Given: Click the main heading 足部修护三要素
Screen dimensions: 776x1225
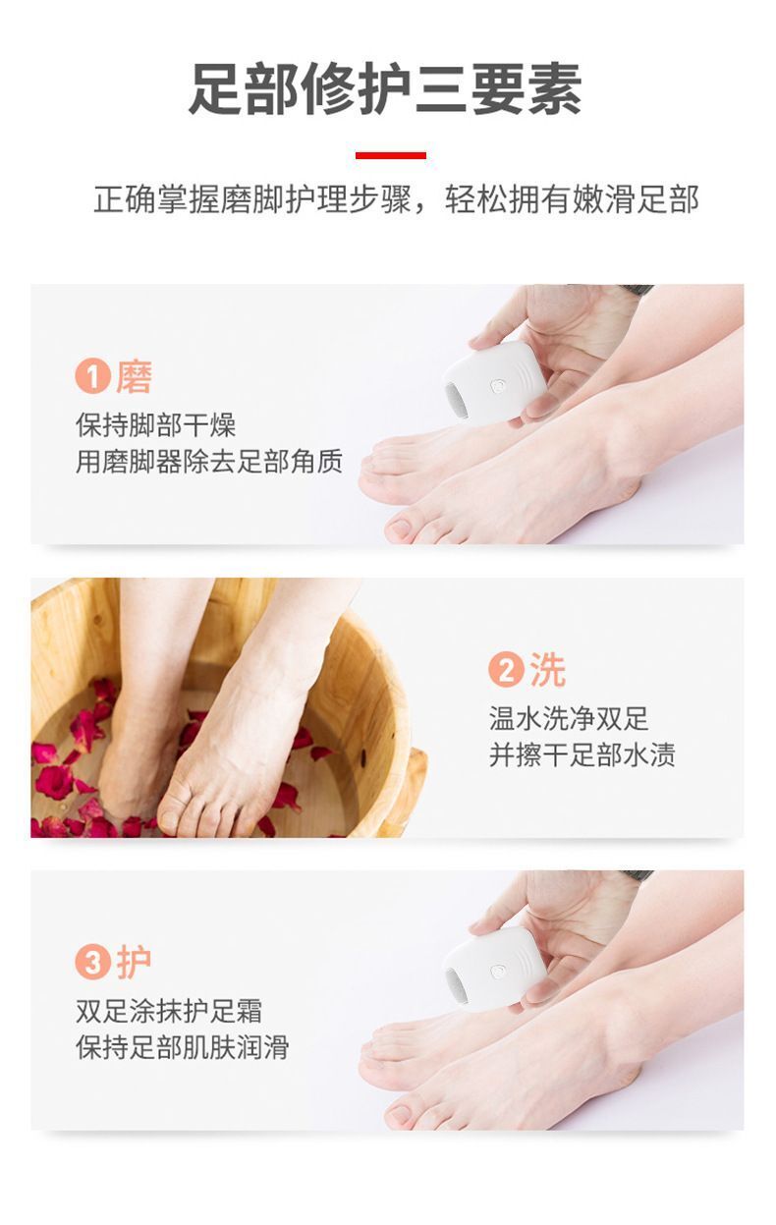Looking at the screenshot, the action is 385,89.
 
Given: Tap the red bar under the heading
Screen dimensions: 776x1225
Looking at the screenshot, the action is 391,155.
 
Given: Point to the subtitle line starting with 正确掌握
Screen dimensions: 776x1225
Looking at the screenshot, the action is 396,199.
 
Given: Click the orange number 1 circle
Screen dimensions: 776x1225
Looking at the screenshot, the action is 93,376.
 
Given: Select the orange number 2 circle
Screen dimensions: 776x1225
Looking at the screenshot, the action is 507,669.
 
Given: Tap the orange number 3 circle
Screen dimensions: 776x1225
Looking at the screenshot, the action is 93,962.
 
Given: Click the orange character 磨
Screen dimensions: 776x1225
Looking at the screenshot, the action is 134,376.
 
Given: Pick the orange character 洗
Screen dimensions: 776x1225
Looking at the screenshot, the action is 547,669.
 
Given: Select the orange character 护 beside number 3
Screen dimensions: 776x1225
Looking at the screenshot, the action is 134,962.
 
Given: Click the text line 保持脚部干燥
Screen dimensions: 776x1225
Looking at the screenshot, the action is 156,425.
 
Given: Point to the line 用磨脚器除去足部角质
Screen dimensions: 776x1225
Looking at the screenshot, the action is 209,462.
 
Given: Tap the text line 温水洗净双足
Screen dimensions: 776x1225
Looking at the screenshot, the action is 569,718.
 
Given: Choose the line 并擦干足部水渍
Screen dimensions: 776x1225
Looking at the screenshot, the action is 582,754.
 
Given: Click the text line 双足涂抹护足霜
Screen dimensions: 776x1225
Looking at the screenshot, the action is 169,1011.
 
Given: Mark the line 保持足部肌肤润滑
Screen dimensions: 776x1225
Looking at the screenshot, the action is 183,1047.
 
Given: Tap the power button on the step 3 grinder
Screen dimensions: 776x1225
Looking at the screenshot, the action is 498,972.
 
